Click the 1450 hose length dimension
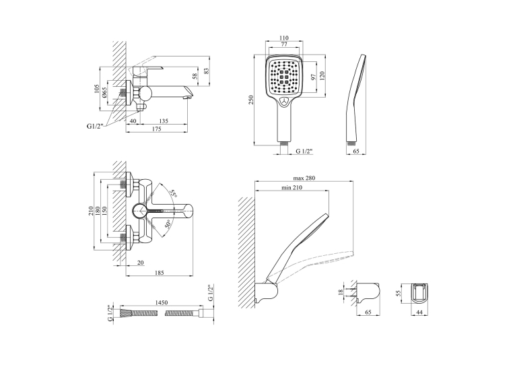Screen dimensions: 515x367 pos(161,302)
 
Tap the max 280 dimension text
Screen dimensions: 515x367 pos(304,178)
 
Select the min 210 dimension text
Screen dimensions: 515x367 pos(291,188)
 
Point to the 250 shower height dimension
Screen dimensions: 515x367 pos(251,100)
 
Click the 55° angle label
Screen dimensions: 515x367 pos(173,193)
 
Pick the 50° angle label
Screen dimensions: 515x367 pos(168,224)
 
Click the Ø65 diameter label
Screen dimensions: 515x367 pos(104,93)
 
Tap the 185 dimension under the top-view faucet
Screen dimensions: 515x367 pos(159,272)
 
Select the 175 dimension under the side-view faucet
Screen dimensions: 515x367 pos(157,129)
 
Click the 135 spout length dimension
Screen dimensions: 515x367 pos(163,121)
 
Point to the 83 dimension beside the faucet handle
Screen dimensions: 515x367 pos(206,71)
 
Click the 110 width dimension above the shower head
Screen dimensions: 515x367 pos(284,38)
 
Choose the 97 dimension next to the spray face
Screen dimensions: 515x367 pos(314,77)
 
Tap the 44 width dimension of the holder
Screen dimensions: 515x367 pos(419,312)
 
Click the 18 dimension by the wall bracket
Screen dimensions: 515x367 pos(341,291)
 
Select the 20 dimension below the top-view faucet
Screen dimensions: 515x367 pos(141,263)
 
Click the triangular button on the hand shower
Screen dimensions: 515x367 pos(285,102)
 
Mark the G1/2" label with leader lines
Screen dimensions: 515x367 pos(95,125)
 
